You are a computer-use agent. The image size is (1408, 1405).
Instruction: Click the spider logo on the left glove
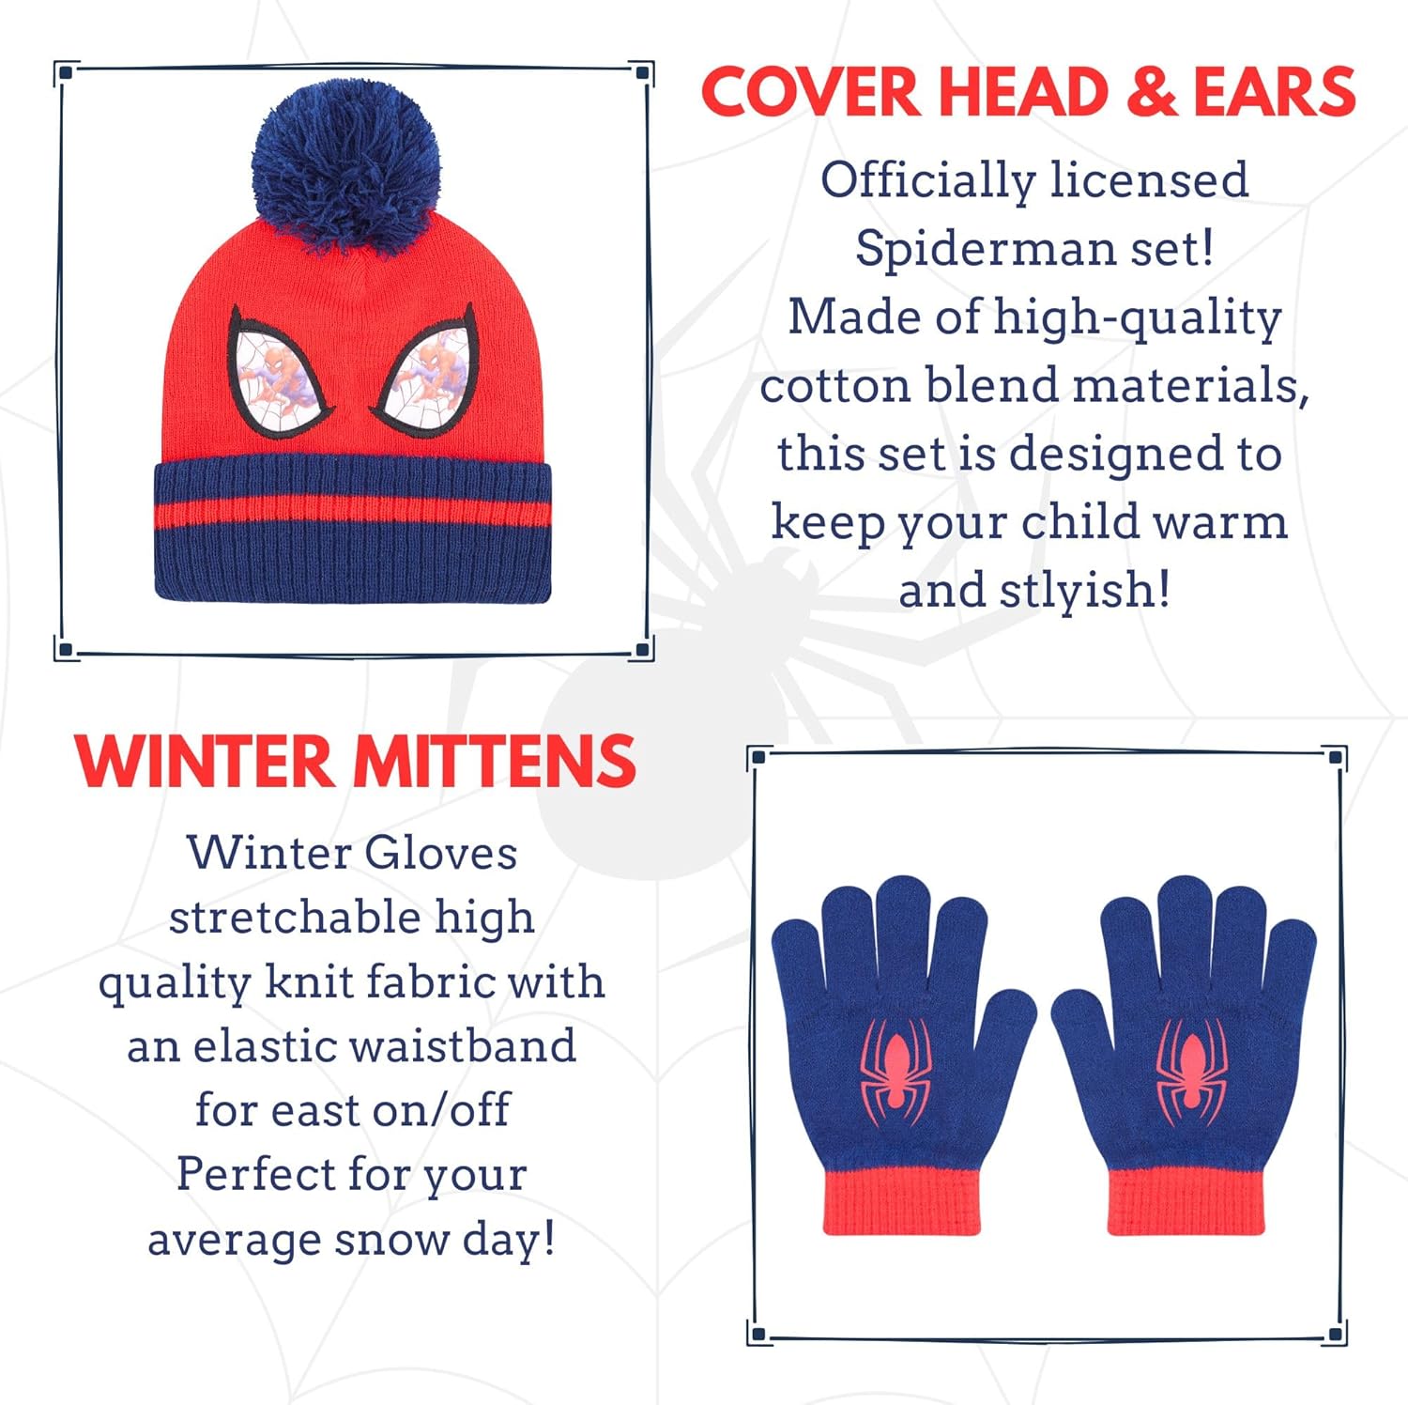pyautogui.click(x=895, y=1071)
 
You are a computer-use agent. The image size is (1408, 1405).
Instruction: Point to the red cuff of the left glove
pyautogui.click(x=901, y=1202)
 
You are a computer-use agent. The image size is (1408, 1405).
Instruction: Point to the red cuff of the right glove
pyautogui.click(x=1186, y=1202)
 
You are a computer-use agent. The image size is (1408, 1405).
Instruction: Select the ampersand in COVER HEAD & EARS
pyautogui.click(x=1152, y=94)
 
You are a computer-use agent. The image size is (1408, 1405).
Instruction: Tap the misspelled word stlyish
pyautogui.click(x=1084, y=590)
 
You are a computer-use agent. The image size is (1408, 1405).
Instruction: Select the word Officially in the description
pyautogui.click(x=927, y=180)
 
